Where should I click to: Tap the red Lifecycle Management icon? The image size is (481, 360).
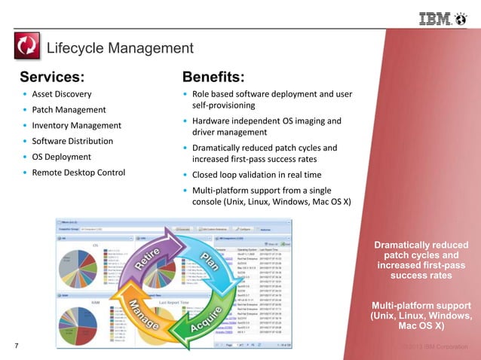point(28,47)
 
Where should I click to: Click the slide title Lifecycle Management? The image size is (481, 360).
point(120,49)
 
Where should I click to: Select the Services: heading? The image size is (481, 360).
point(52,77)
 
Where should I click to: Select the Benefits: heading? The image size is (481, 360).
point(213,77)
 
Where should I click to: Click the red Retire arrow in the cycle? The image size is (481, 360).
point(152,259)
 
